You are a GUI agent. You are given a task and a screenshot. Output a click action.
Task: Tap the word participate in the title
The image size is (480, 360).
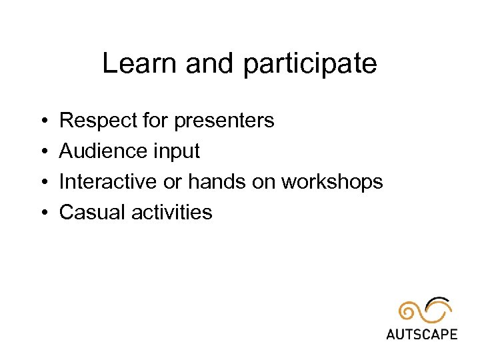pyautogui.click(x=310, y=65)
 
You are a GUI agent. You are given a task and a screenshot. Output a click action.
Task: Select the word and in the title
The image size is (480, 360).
pyautogui.click(x=211, y=64)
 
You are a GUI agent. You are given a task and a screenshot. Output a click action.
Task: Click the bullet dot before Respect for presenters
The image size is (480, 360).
pyautogui.click(x=42, y=121)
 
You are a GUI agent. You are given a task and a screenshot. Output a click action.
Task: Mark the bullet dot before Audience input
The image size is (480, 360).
pyautogui.click(x=42, y=152)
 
